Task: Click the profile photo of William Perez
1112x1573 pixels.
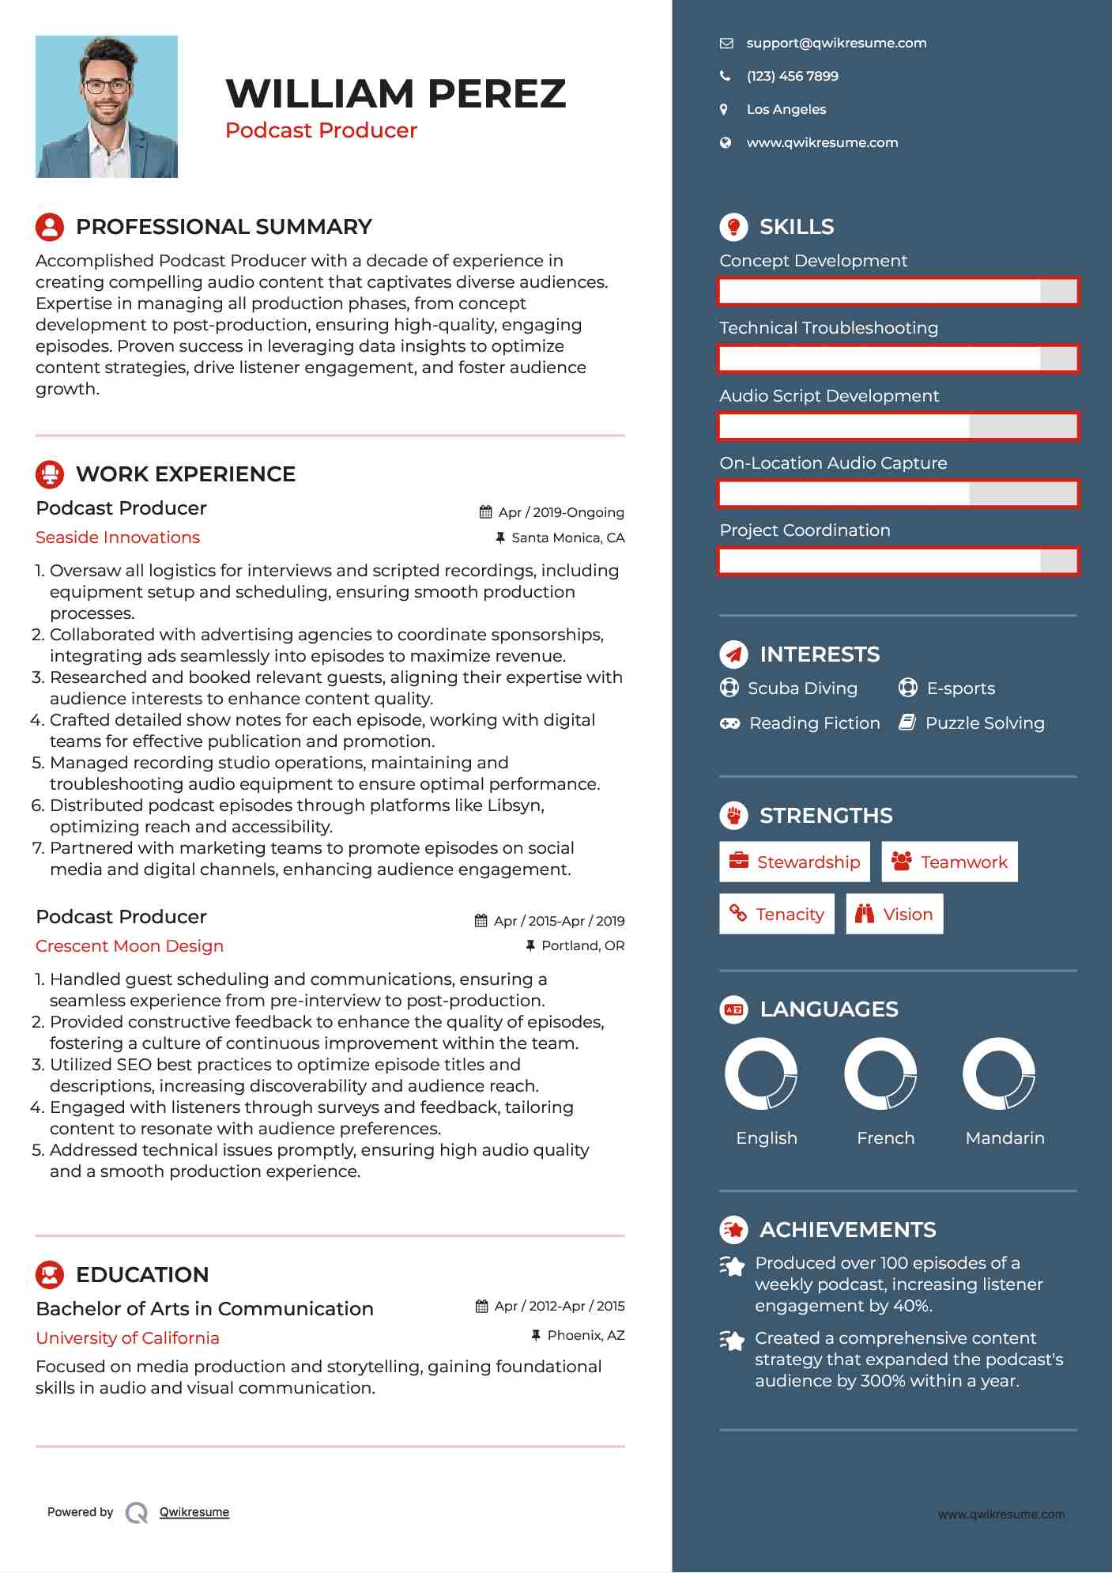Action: coord(107,107)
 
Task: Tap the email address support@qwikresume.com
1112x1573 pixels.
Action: coord(835,43)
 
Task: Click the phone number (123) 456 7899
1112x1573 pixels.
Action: coord(792,77)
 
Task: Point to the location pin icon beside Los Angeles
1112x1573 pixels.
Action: coord(724,110)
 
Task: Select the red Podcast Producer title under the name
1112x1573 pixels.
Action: coord(321,130)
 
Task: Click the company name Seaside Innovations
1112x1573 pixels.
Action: coord(118,538)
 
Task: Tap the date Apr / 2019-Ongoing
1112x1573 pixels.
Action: coord(560,512)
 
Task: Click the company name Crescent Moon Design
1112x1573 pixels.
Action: coord(130,946)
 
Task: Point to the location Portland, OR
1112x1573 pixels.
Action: coord(582,946)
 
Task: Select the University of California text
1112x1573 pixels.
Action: coord(127,1338)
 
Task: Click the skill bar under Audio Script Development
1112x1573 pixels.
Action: coord(898,427)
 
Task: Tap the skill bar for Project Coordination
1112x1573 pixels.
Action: coord(898,561)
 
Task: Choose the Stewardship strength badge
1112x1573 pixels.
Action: coord(794,862)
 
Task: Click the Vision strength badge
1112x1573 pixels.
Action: coord(895,915)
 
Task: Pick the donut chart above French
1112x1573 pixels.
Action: coord(880,1074)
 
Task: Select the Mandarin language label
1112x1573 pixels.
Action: coord(1005,1138)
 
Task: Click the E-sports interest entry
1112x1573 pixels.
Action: coord(959,688)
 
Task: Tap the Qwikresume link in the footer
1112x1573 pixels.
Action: coord(194,1512)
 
